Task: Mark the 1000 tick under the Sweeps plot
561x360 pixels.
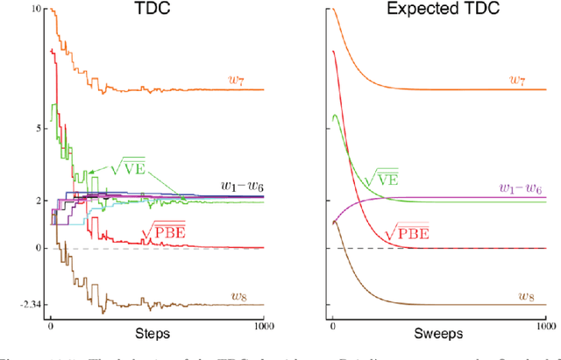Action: (543, 328)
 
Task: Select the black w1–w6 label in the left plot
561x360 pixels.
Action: (234, 187)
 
